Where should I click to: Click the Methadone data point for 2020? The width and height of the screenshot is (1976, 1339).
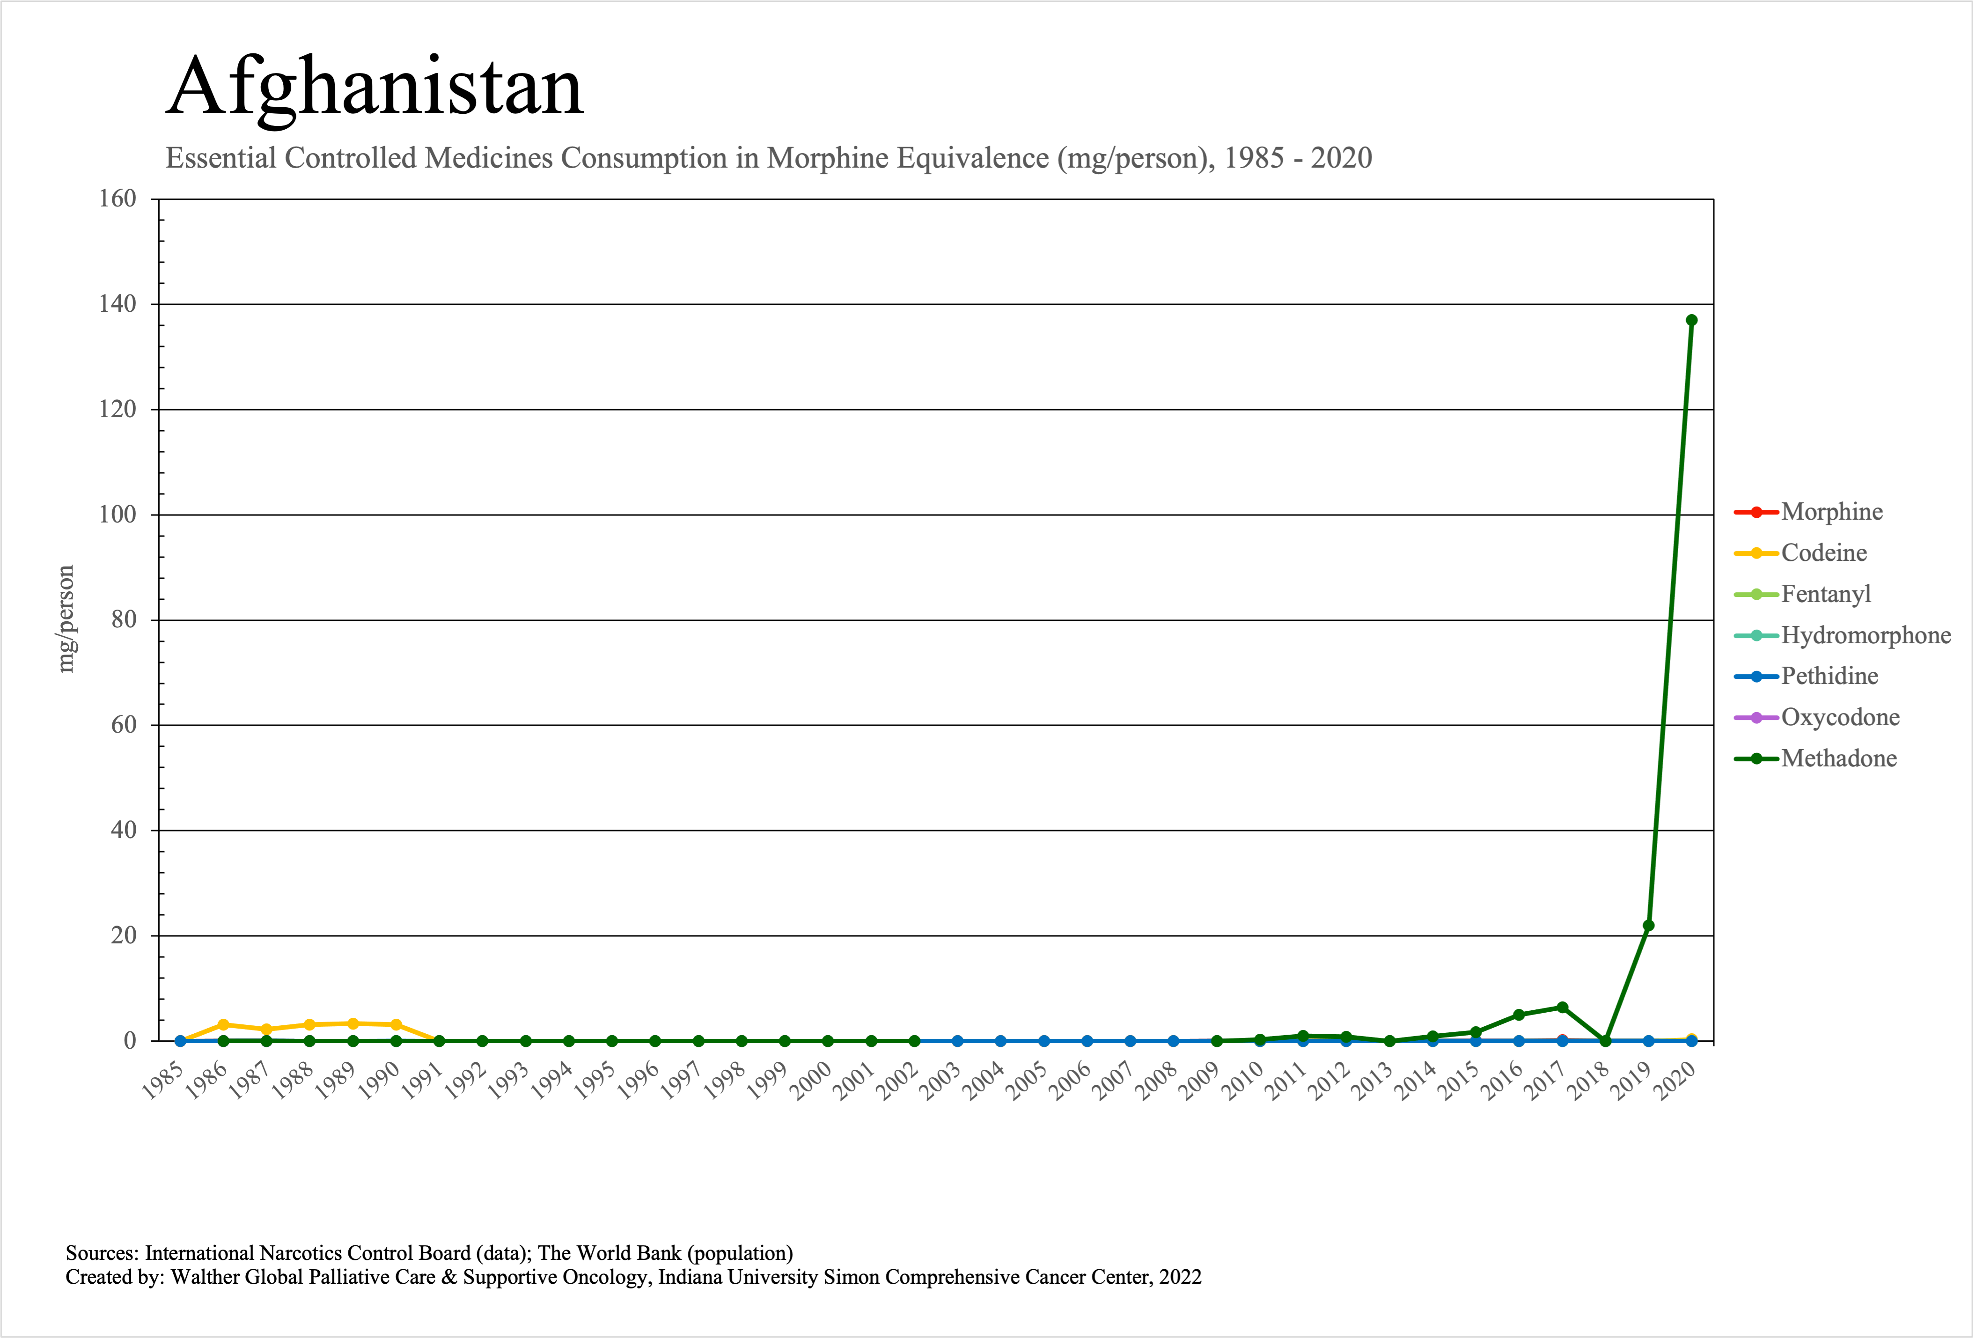point(1691,321)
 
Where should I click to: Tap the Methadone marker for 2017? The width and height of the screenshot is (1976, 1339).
point(1562,1008)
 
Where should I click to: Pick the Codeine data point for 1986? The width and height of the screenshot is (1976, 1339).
point(224,1024)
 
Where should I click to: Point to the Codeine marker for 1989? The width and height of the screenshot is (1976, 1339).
point(353,1023)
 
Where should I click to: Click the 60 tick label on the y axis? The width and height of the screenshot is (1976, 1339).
point(124,725)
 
